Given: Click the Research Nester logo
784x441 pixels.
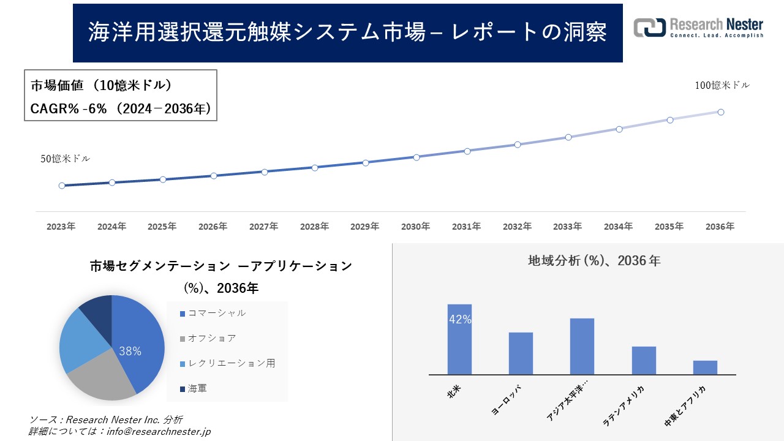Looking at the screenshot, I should coord(698,28).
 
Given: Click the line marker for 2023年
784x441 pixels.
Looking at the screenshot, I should coord(62,186).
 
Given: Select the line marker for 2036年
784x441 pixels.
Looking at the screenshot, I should coord(721,112).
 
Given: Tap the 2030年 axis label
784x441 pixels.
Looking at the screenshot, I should coord(415,227).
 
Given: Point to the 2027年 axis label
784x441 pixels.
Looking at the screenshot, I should coord(263,227).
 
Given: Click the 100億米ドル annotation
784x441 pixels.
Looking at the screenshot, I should coord(722,86).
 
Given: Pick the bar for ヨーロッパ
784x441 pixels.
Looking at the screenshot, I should coord(521,353).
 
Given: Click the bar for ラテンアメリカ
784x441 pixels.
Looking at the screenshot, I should coord(644,360).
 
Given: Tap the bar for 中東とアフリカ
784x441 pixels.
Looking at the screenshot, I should coord(705,367).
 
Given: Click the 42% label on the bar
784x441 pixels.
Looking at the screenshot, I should coord(459,319).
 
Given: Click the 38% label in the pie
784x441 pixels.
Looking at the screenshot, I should coord(130,351).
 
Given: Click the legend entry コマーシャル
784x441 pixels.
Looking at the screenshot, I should coord(216,313).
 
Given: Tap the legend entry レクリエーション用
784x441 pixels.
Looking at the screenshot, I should coord(231,363).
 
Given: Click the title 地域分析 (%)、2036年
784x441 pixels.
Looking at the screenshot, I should coord(594,261).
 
